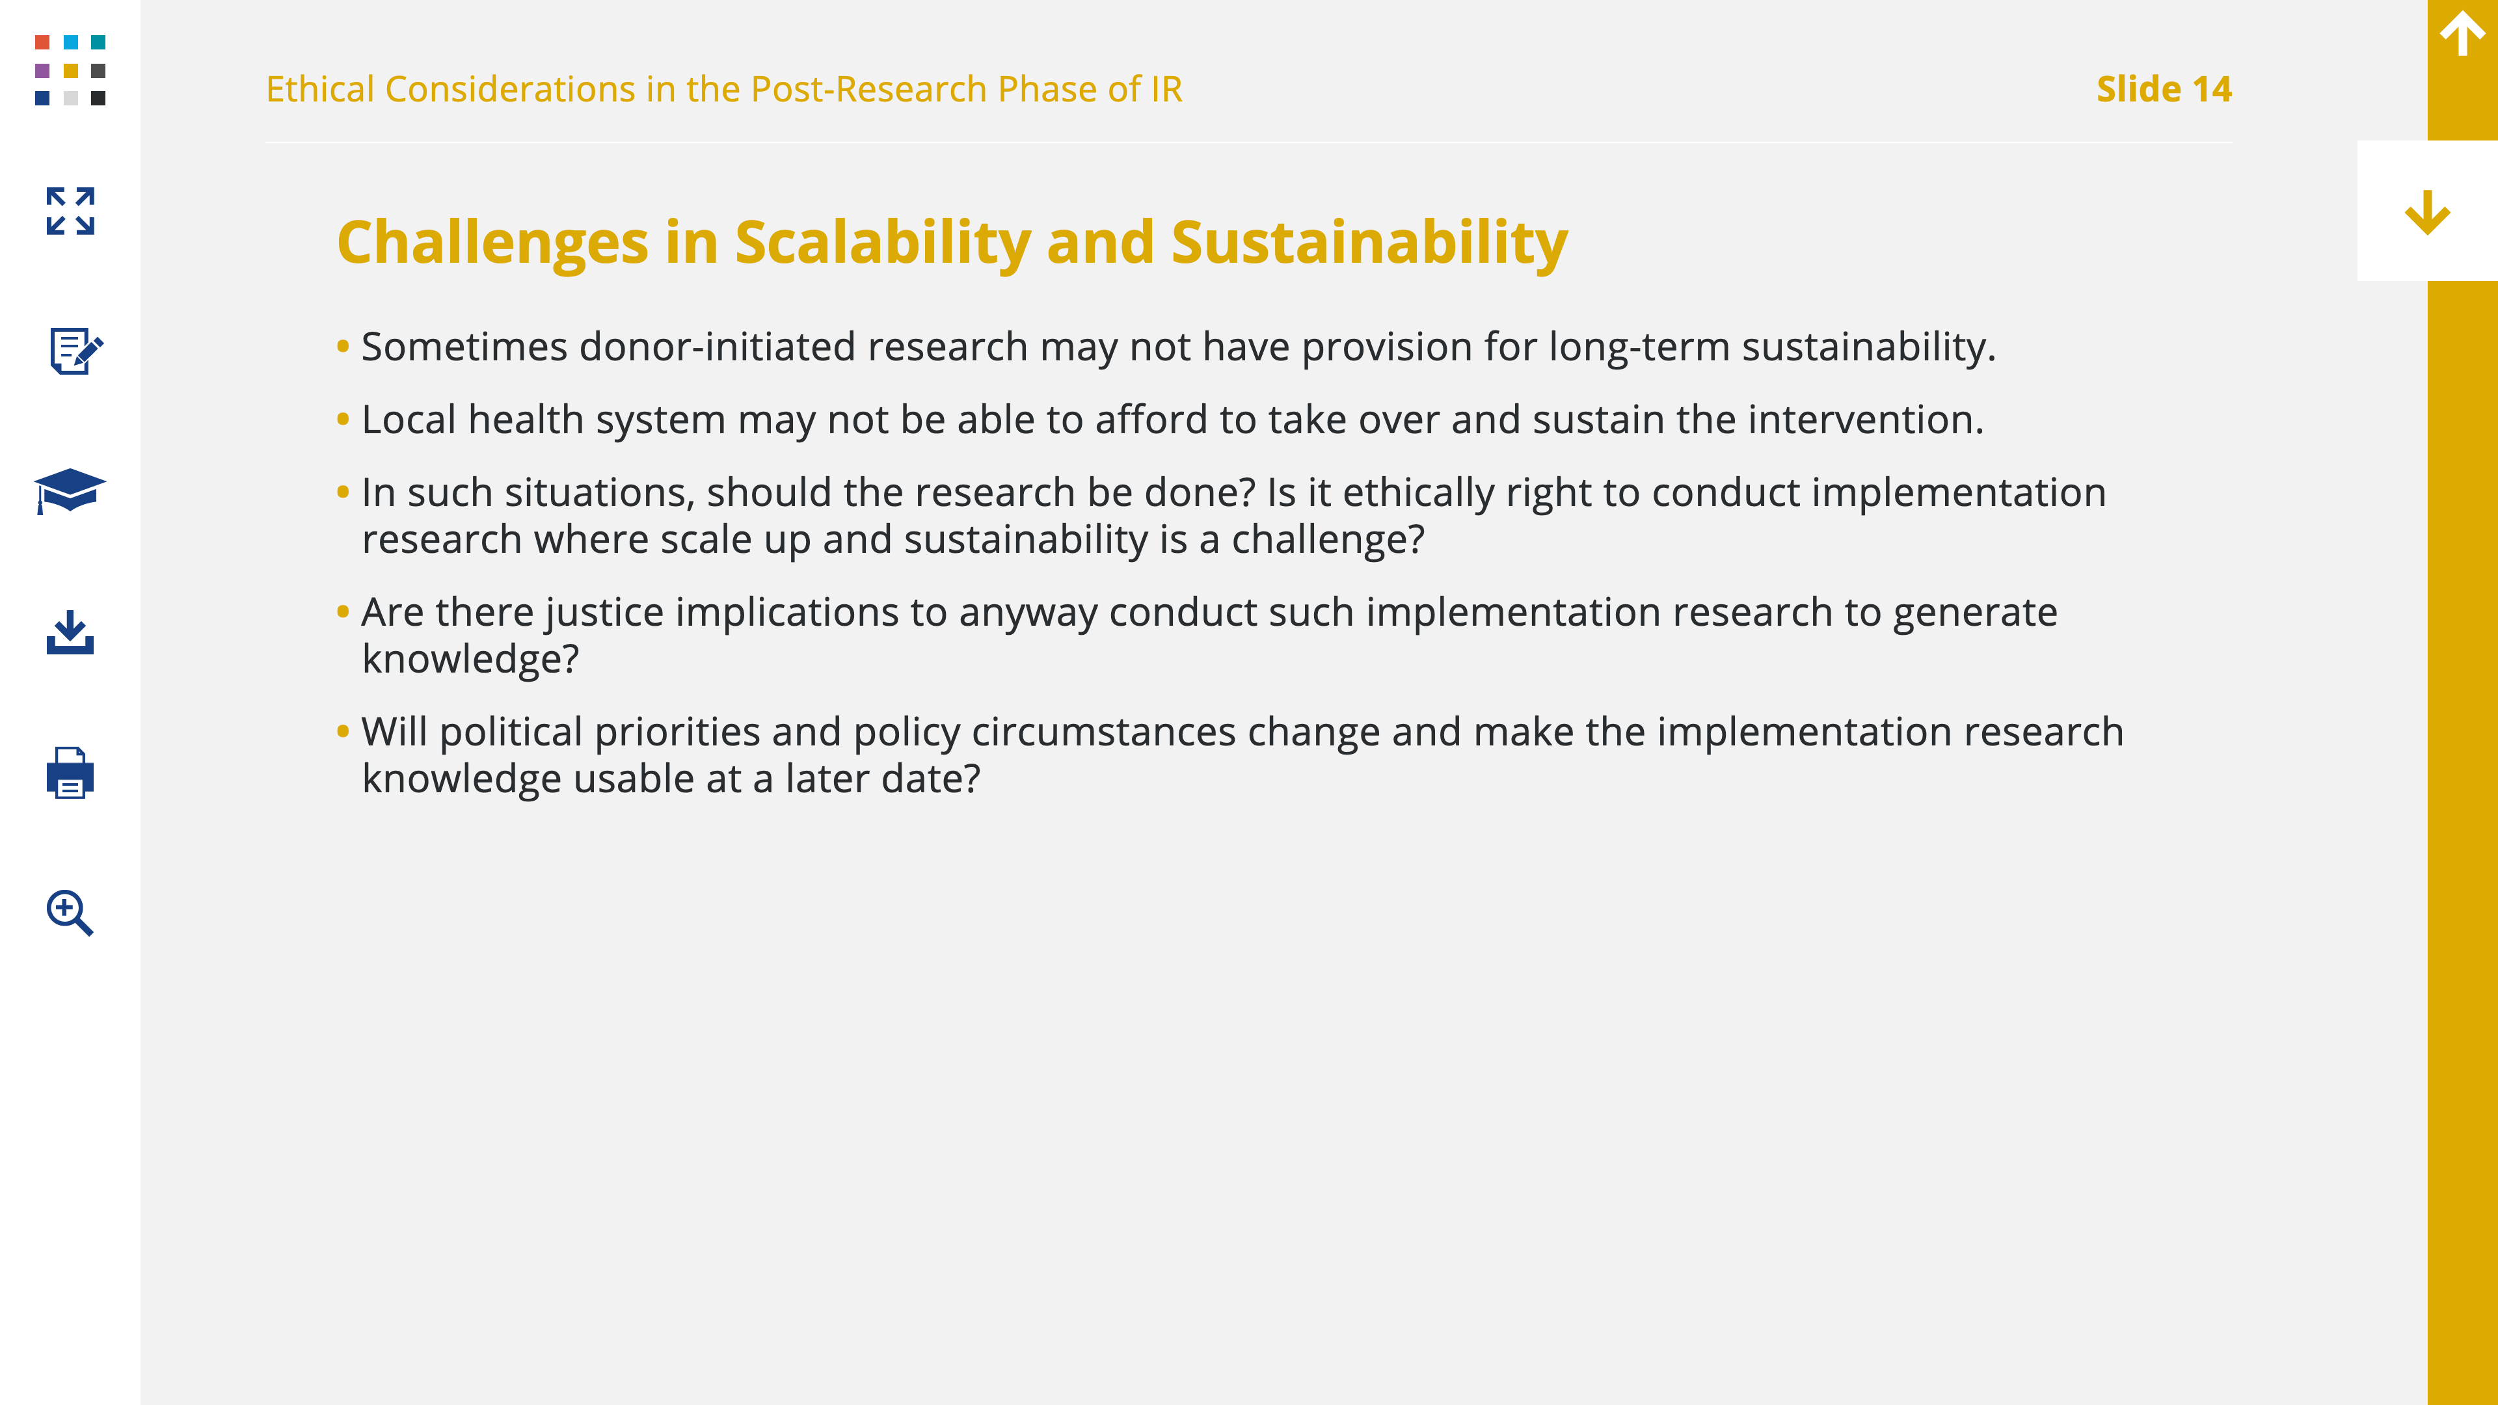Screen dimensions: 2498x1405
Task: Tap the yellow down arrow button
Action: [2427, 212]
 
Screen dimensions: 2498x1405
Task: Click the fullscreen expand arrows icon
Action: [70, 211]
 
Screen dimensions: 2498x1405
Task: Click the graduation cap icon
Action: [70, 490]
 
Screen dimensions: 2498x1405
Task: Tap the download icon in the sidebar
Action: [70, 632]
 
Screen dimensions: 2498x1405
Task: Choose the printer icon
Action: [70, 773]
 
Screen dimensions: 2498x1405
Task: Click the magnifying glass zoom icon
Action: [70, 913]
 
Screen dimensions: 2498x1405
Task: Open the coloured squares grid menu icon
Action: [70, 70]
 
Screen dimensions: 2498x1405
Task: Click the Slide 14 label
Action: [2164, 89]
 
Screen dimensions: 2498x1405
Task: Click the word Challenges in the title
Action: [492, 243]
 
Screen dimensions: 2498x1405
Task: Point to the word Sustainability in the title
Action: [1369, 243]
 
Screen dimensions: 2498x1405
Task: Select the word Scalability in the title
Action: [883, 243]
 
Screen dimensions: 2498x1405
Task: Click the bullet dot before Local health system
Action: [342, 419]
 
